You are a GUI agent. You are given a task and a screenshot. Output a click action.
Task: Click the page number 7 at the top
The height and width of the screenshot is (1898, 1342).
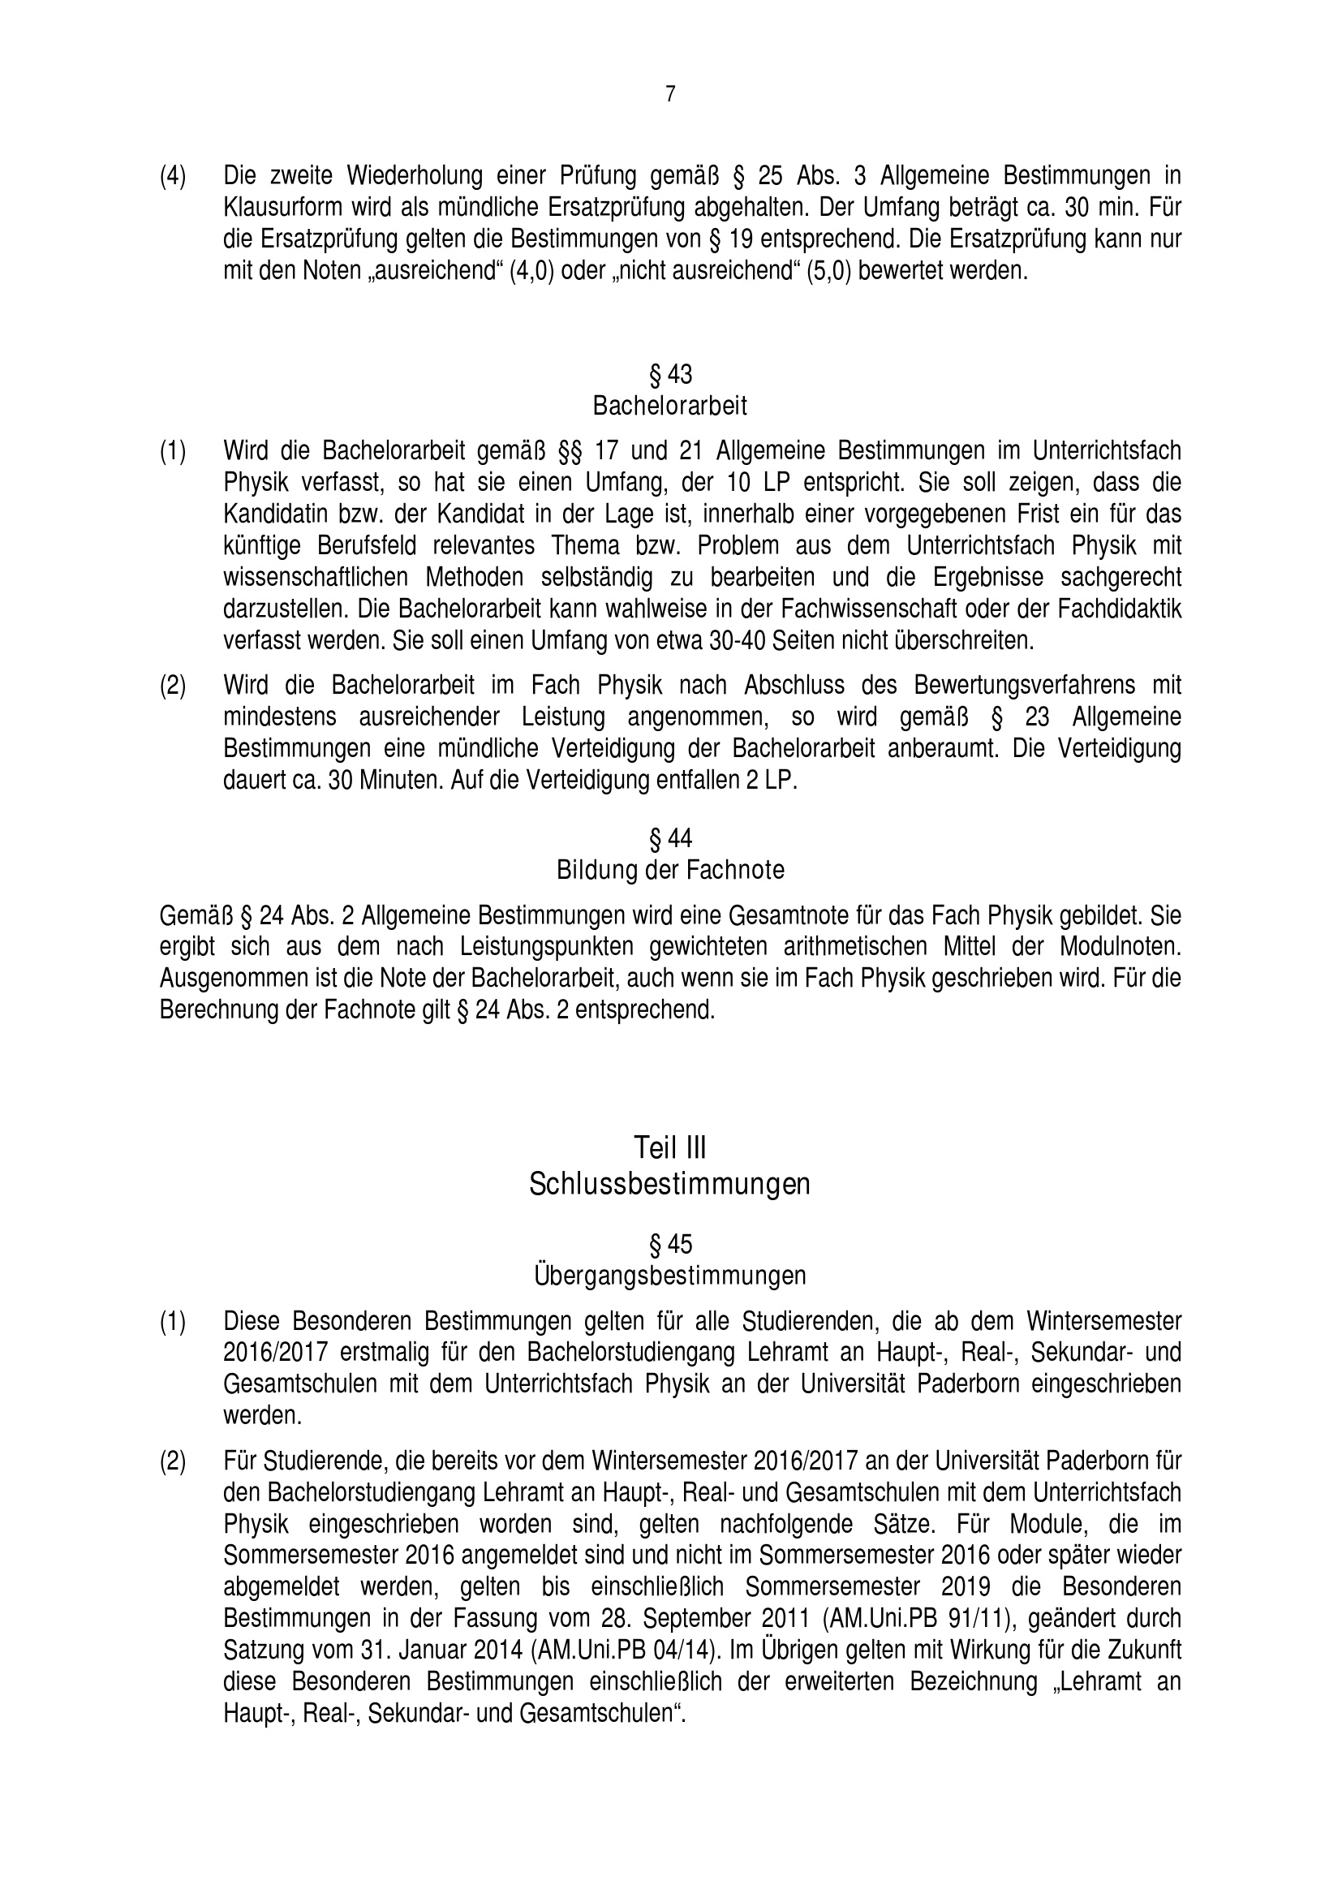click(x=670, y=95)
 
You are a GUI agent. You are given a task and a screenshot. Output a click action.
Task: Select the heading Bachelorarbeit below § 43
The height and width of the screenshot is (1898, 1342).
click(x=670, y=406)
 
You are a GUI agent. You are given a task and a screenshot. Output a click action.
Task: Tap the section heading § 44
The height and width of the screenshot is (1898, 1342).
click(x=670, y=838)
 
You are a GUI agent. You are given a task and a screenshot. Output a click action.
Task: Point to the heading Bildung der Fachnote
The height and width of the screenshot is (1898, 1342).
click(x=670, y=870)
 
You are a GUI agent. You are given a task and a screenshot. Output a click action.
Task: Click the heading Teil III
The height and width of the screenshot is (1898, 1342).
click(x=670, y=1147)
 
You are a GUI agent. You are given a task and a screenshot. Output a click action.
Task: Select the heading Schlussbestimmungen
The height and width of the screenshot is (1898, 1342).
click(x=670, y=1185)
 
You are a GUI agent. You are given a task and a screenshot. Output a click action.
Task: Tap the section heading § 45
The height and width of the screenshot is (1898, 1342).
click(x=670, y=1244)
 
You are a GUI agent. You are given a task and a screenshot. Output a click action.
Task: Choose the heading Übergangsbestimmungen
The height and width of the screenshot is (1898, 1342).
click(x=670, y=1276)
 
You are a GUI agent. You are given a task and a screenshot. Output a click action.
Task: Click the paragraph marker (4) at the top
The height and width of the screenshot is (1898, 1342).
click(x=173, y=176)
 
